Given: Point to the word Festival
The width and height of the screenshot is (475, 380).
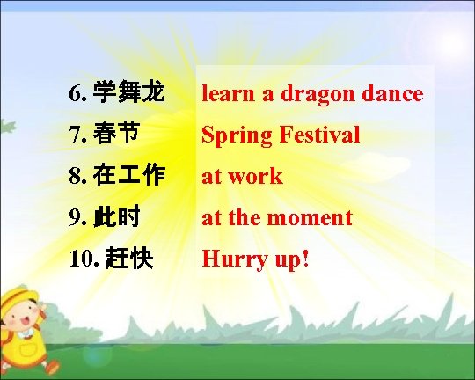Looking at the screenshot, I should click(319, 135).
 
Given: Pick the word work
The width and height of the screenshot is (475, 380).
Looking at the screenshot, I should click(255, 176).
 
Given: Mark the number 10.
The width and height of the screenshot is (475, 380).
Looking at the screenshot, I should click(79, 259).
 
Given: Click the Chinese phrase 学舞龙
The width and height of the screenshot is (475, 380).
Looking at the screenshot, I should click(128, 92).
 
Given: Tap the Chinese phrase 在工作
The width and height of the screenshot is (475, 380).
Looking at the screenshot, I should click(128, 175).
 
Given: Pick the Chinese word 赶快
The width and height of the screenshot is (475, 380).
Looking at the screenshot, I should click(128, 258).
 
